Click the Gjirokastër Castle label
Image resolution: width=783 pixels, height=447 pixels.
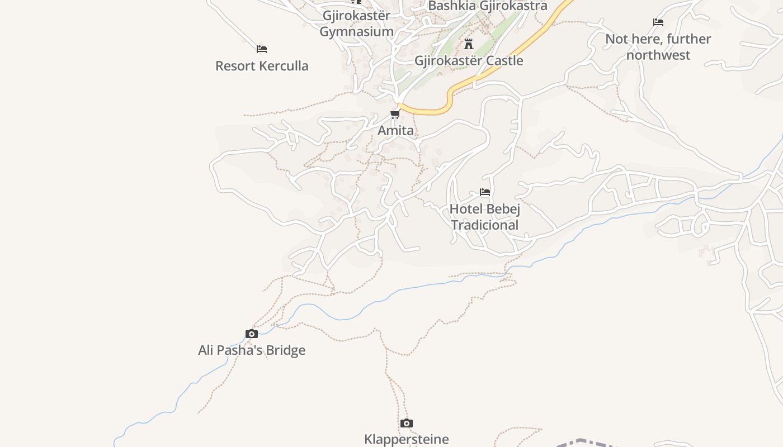(x=469, y=60)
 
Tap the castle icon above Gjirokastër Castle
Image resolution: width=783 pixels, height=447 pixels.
(x=469, y=44)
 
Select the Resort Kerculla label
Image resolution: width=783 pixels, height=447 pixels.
(x=262, y=65)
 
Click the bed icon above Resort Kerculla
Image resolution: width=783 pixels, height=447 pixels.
(x=262, y=49)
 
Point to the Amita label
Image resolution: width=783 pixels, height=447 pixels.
(x=395, y=130)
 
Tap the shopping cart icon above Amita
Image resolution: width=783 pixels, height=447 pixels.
(x=395, y=115)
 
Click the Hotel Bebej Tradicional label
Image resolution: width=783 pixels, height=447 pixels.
(x=485, y=217)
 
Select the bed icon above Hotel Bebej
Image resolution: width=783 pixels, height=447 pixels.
(x=485, y=192)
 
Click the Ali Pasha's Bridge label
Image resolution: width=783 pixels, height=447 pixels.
(x=252, y=350)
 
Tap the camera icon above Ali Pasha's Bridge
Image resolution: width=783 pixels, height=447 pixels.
(x=252, y=334)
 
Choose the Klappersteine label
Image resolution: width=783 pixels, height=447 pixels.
(x=407, y=439)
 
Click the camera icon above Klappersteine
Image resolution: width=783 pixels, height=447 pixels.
(x=407, y=424)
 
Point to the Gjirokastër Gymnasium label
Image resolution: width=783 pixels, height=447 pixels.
(x=356, y=23)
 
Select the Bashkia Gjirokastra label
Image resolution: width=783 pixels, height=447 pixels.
(x=487, y=6)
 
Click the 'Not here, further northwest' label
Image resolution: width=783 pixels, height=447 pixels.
(x=658, y=47)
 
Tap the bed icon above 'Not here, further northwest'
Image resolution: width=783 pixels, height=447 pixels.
(x=658, y=22)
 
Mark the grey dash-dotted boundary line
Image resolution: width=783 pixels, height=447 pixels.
(x=582, y=441)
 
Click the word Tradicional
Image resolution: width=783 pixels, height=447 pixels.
(x=485, y=225)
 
